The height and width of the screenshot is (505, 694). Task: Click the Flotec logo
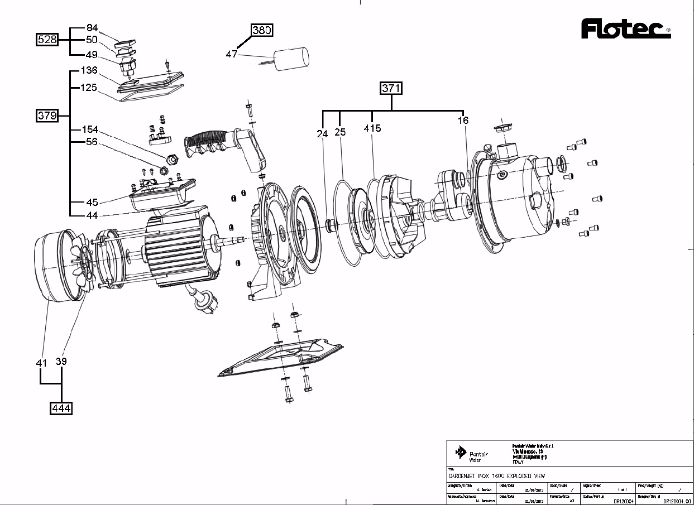pyautogui.click(x=625, y=29)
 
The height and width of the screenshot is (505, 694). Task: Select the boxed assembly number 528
pyautogui.click(x=47, y=40)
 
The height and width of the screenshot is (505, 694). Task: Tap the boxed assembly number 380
pyautogui.click(x=262, y=31)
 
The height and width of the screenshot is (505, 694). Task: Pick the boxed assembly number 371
pyautogui.click(x=391, y=88)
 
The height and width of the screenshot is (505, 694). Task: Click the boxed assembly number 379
pyautogui.click(x=47, y=116)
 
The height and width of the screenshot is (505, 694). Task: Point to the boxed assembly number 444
pyautogui.click(x=61, y=408)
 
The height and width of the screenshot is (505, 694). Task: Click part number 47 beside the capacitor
pyautogui.click(x=232, y=54)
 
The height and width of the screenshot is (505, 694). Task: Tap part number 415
pyautogui.click(x=372, y=128)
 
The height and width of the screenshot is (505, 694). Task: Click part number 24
pyautogui.click(x=323, y=134)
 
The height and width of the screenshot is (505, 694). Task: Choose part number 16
pyautogui.click(x=463, y=121)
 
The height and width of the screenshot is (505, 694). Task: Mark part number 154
pyautogui.click(x=90, y=129)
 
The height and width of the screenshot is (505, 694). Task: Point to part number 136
pyautogui.click(x=89, y=70)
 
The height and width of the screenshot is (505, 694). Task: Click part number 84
pyautogui.click(x=92, y=28)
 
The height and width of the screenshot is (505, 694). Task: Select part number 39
pyautogui.click(x=61, y=362)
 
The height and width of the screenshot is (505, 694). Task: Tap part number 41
pyautogui.click(x=41, y=363)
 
